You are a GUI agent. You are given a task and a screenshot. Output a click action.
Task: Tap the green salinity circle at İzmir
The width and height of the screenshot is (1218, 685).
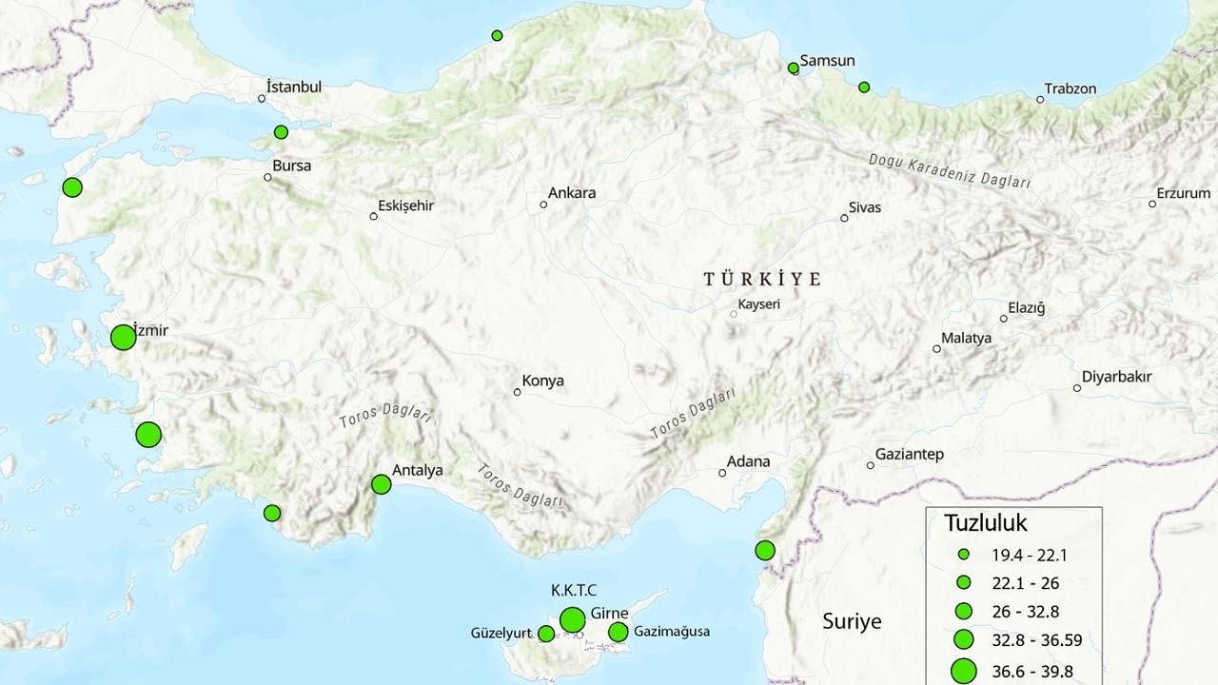pyautogui.click(x=123, y=338)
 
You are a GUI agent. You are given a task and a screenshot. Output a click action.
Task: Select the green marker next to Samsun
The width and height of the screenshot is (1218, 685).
pyautogui.click(x=794, y=68)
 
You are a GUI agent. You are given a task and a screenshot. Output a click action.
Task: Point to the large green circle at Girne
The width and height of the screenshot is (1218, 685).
pyautogui.click(x=572, y=620)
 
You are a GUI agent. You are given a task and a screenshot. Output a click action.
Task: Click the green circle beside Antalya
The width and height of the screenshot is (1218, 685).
pyautogui.click(x=381, y=484)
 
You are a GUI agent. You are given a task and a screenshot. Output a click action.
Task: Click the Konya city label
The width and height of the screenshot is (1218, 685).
pyautogui.click(x=542, y=381)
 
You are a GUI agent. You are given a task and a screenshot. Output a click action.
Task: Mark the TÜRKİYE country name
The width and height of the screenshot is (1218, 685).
pyautogui.click(x=761, y=280)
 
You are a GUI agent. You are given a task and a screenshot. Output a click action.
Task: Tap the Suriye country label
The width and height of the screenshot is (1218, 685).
pyautogui.click(x=852, y=622)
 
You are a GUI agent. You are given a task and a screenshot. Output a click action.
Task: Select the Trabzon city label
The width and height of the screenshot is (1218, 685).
pyautogui.click(x=1071, y=88)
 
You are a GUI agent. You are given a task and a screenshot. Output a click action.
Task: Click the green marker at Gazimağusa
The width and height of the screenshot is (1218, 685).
pyautogui.click(x=619, y=632)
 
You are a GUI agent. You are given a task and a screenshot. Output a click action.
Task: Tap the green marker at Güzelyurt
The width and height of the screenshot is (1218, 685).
pyautogui.click(x=546, y=634)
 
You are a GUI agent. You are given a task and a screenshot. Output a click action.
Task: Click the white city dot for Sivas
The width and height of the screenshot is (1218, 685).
pyautogui.click(x=844, y=219)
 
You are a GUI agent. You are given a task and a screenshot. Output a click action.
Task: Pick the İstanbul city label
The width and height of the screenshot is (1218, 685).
pyautogui.click(x=294, y=87)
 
